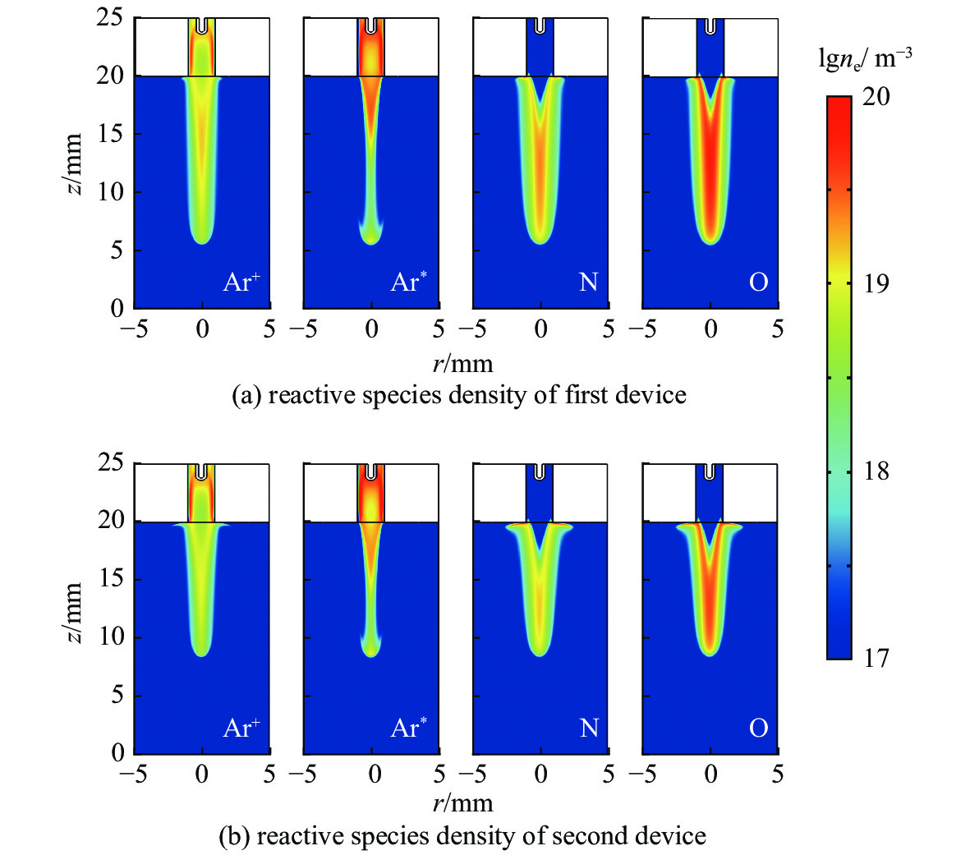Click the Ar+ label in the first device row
241,283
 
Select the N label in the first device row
588,283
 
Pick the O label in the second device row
758,729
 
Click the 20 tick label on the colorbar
876,97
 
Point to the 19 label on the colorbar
876,284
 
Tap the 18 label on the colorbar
876,471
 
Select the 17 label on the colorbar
876,659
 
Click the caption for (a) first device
459,395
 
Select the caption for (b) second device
462,836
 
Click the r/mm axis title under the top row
462,361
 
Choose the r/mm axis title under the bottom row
462,802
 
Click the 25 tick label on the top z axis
109,17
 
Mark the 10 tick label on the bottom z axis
109,637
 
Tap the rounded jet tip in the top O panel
711,239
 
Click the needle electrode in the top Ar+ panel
202,25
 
